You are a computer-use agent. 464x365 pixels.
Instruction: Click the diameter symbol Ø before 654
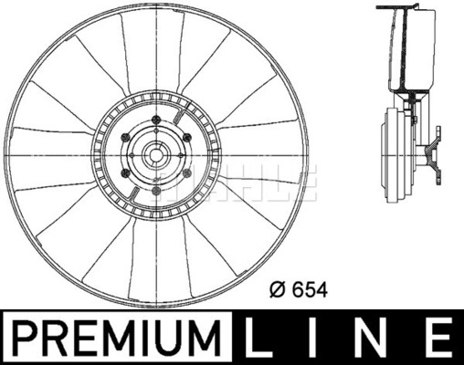(x=278, y=290)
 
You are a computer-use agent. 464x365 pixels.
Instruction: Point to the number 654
(x=311, y=290)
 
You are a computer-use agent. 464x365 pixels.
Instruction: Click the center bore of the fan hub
(x=156, y=155)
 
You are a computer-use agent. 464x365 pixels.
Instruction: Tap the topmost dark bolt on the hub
(x=156, y=120)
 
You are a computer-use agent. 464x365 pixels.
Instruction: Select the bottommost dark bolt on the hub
(x=156, y=191)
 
